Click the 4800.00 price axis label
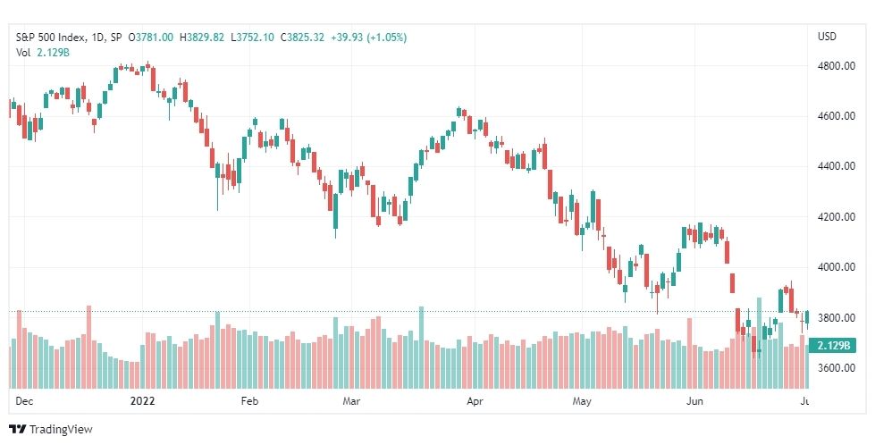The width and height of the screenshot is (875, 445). [837, 66]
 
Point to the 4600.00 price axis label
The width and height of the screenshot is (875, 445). [837, 116]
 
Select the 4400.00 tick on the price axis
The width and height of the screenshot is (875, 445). [837, 166]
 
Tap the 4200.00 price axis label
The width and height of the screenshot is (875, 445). [837, 217]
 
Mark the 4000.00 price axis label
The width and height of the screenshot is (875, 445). [837, 267]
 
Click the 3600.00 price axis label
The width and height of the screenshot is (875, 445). [837, 368]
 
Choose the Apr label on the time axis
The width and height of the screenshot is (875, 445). [476, 402]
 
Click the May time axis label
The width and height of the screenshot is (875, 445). [583, 402]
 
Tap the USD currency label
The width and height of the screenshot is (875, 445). [827, 37]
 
